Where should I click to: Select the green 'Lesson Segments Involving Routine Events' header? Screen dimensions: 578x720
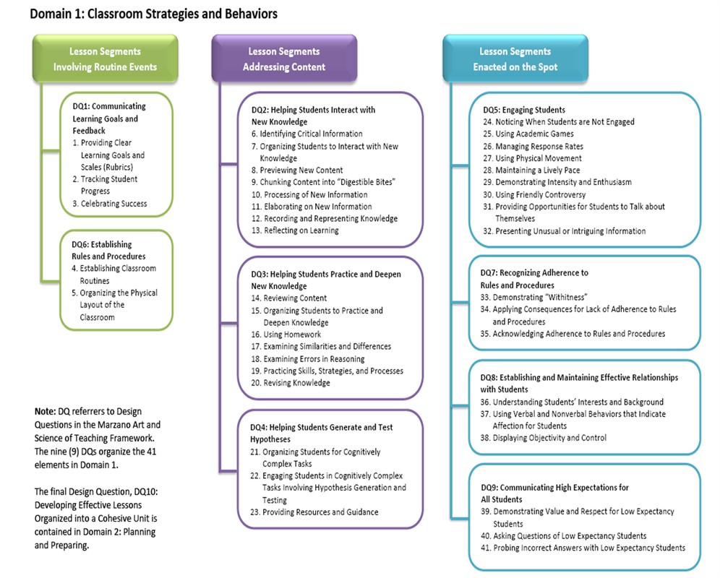click(x=105, y=59)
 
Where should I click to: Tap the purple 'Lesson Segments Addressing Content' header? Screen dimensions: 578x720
click(x=283, y=59)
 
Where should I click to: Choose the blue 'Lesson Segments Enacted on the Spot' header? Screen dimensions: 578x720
click(x=515, y=59)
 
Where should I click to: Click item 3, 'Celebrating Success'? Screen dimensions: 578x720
click(x=109, y=204)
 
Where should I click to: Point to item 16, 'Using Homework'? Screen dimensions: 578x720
click(x=286, y=335)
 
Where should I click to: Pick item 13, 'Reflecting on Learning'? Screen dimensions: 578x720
click(x=295, y=230)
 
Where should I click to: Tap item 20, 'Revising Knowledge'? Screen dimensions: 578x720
click(x=291, y=383)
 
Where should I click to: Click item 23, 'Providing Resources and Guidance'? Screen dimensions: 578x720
click(x=314, y=512)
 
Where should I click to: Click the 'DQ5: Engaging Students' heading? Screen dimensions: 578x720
click(x=524, y=110)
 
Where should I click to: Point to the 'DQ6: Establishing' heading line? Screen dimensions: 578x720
click(x=102, y=244)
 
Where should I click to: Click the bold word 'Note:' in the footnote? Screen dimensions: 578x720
click(x=46, y=411)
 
